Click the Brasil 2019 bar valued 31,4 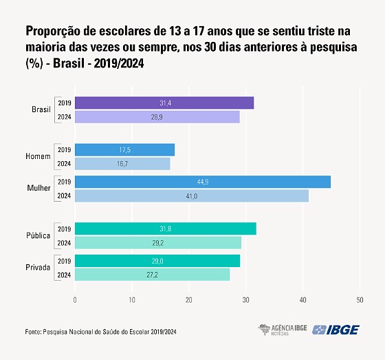pyautogui.click(x=164, y=103)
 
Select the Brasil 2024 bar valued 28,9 pyautogui.click(x=157, y=117)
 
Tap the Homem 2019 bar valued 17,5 pyautogui.click(x=124, y=150)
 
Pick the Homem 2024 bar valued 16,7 pyautogui.click(x=122, y=164)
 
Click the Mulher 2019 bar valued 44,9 pyautogui.click(x=203, y=182)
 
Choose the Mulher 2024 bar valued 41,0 pyautogui.click(x=192, y=196)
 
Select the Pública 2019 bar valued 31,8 pyautogui.click(x=165, y=229)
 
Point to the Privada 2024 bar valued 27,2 pyautogui.click(x=152, y=275)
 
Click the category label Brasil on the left pyautogui.click(x=41, y=110)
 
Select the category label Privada pyautogui.click(x=38, y=268)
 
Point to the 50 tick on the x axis pyautogui.click(x=360, y=300)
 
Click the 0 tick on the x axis pyautogui.click(x=75, y=300)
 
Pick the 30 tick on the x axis pyautogui.click(x=245, y=300)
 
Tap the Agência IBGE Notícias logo pyautogui.click(x=282, y=330)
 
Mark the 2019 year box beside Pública pyautogui.click(x=64, y=229)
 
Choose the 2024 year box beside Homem pyautogui.click(x=64, y=164)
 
